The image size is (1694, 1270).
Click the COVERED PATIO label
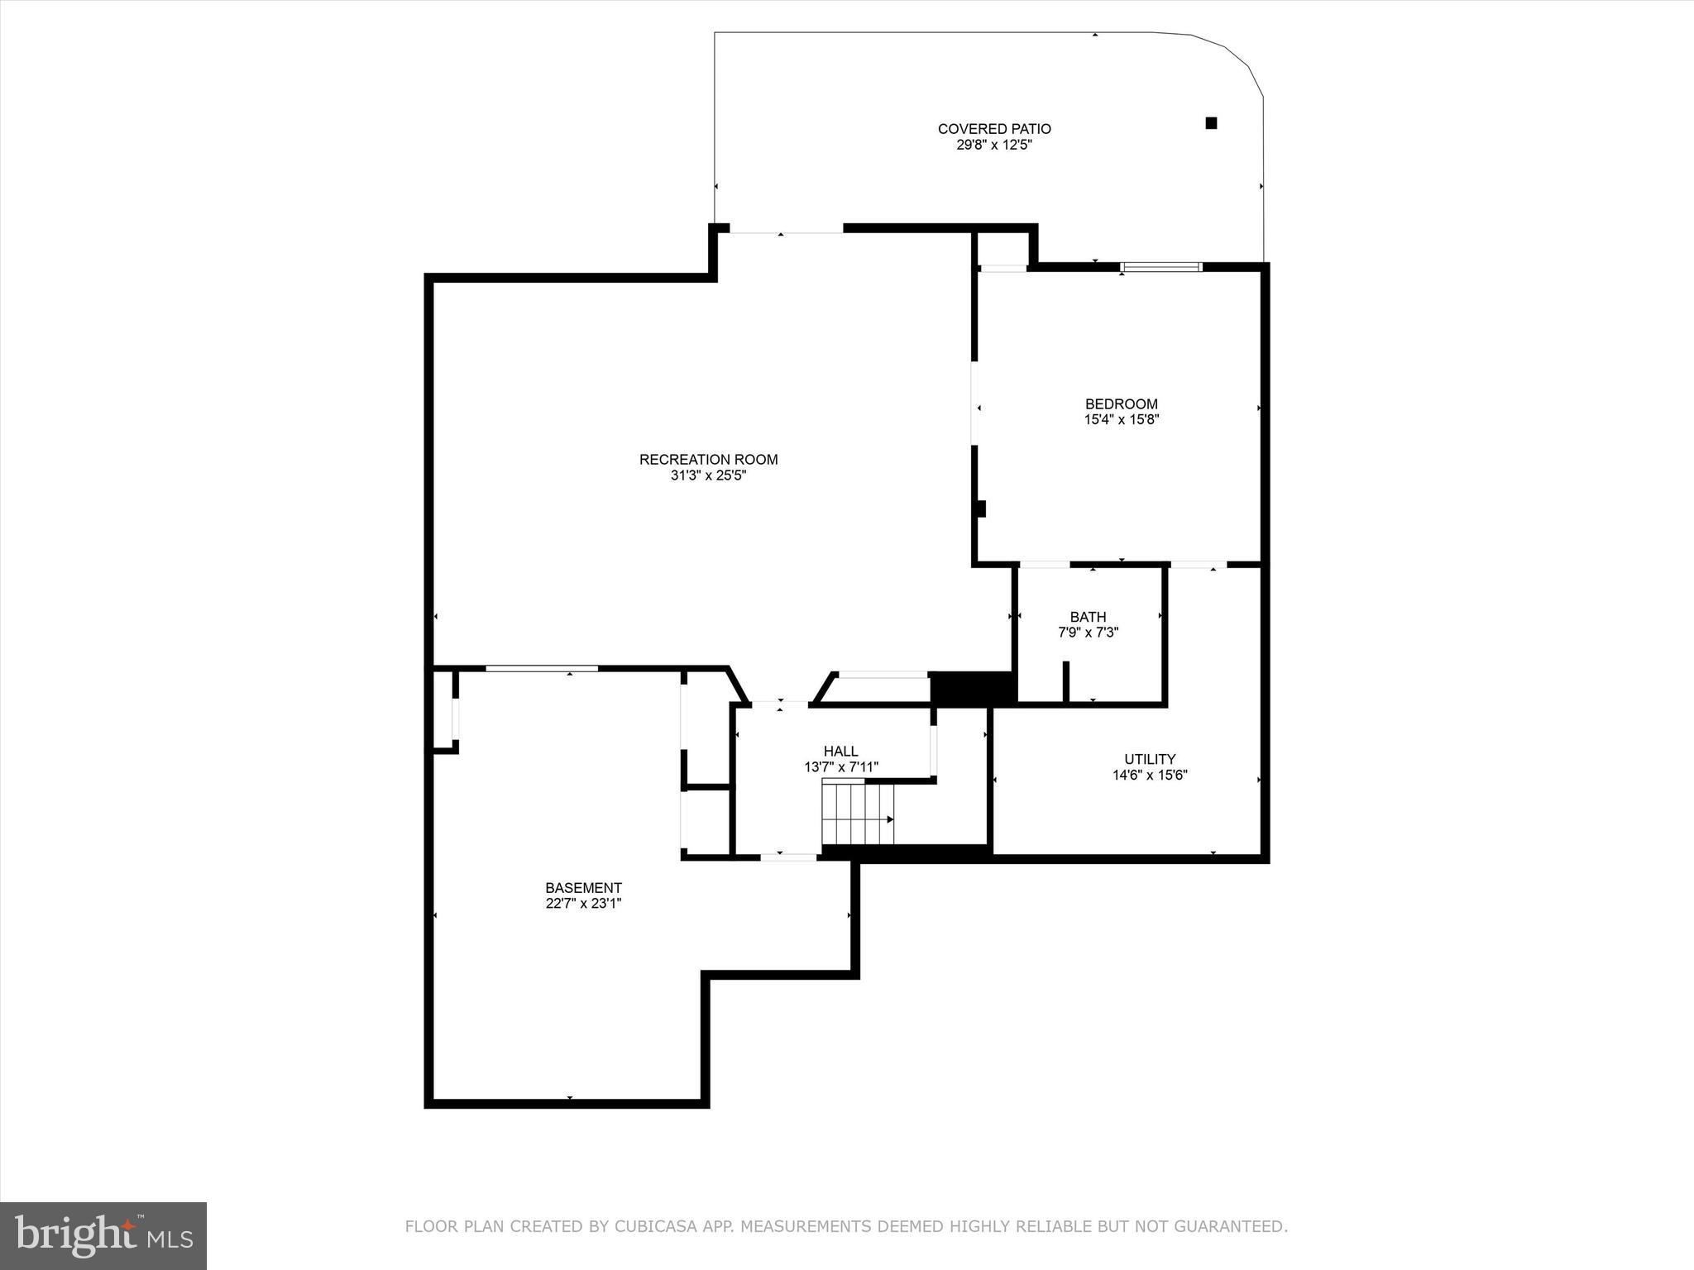pyautogui.click(x=994, y=129)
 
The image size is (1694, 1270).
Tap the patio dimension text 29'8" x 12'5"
pyautogui.click(x=994, y=145)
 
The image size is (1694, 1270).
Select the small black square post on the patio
pyautogui.click(x=1211, y=123)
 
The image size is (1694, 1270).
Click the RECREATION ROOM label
pyautogui.click(x=708, y=460)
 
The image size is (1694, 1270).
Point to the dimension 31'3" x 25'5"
pyautogui.click(x=708, y=475)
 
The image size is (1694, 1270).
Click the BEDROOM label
pyautogui.click(x=1121, y=403)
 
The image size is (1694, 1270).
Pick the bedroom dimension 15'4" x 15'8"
pyautogui.click(x=1121, y=419)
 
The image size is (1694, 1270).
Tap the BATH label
pyautogui.click(x=1088, y=617)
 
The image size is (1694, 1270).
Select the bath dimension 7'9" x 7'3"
pyautogui.click(x=1088, y=633)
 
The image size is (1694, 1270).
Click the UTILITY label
pyautogui.click(x=1150, y=759)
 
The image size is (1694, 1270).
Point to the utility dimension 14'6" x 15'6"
pyautogui.click(x=1150, y=776)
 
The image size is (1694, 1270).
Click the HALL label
pyautogui.click(x=840, y=751)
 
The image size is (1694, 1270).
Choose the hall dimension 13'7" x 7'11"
pyautogui.click(x=840, y=767)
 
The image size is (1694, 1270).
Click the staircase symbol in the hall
pyautogui.click(x=858, y=814)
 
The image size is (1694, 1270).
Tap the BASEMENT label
pyautogui.click(x=583, y=888)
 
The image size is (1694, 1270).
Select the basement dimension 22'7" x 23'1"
pyautogui.click(x=583, y=904)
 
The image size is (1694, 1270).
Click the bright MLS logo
pyautogui.click(x=103, y=1235)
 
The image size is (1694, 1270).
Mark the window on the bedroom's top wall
pyautogui.click(x=1160, y=267)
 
